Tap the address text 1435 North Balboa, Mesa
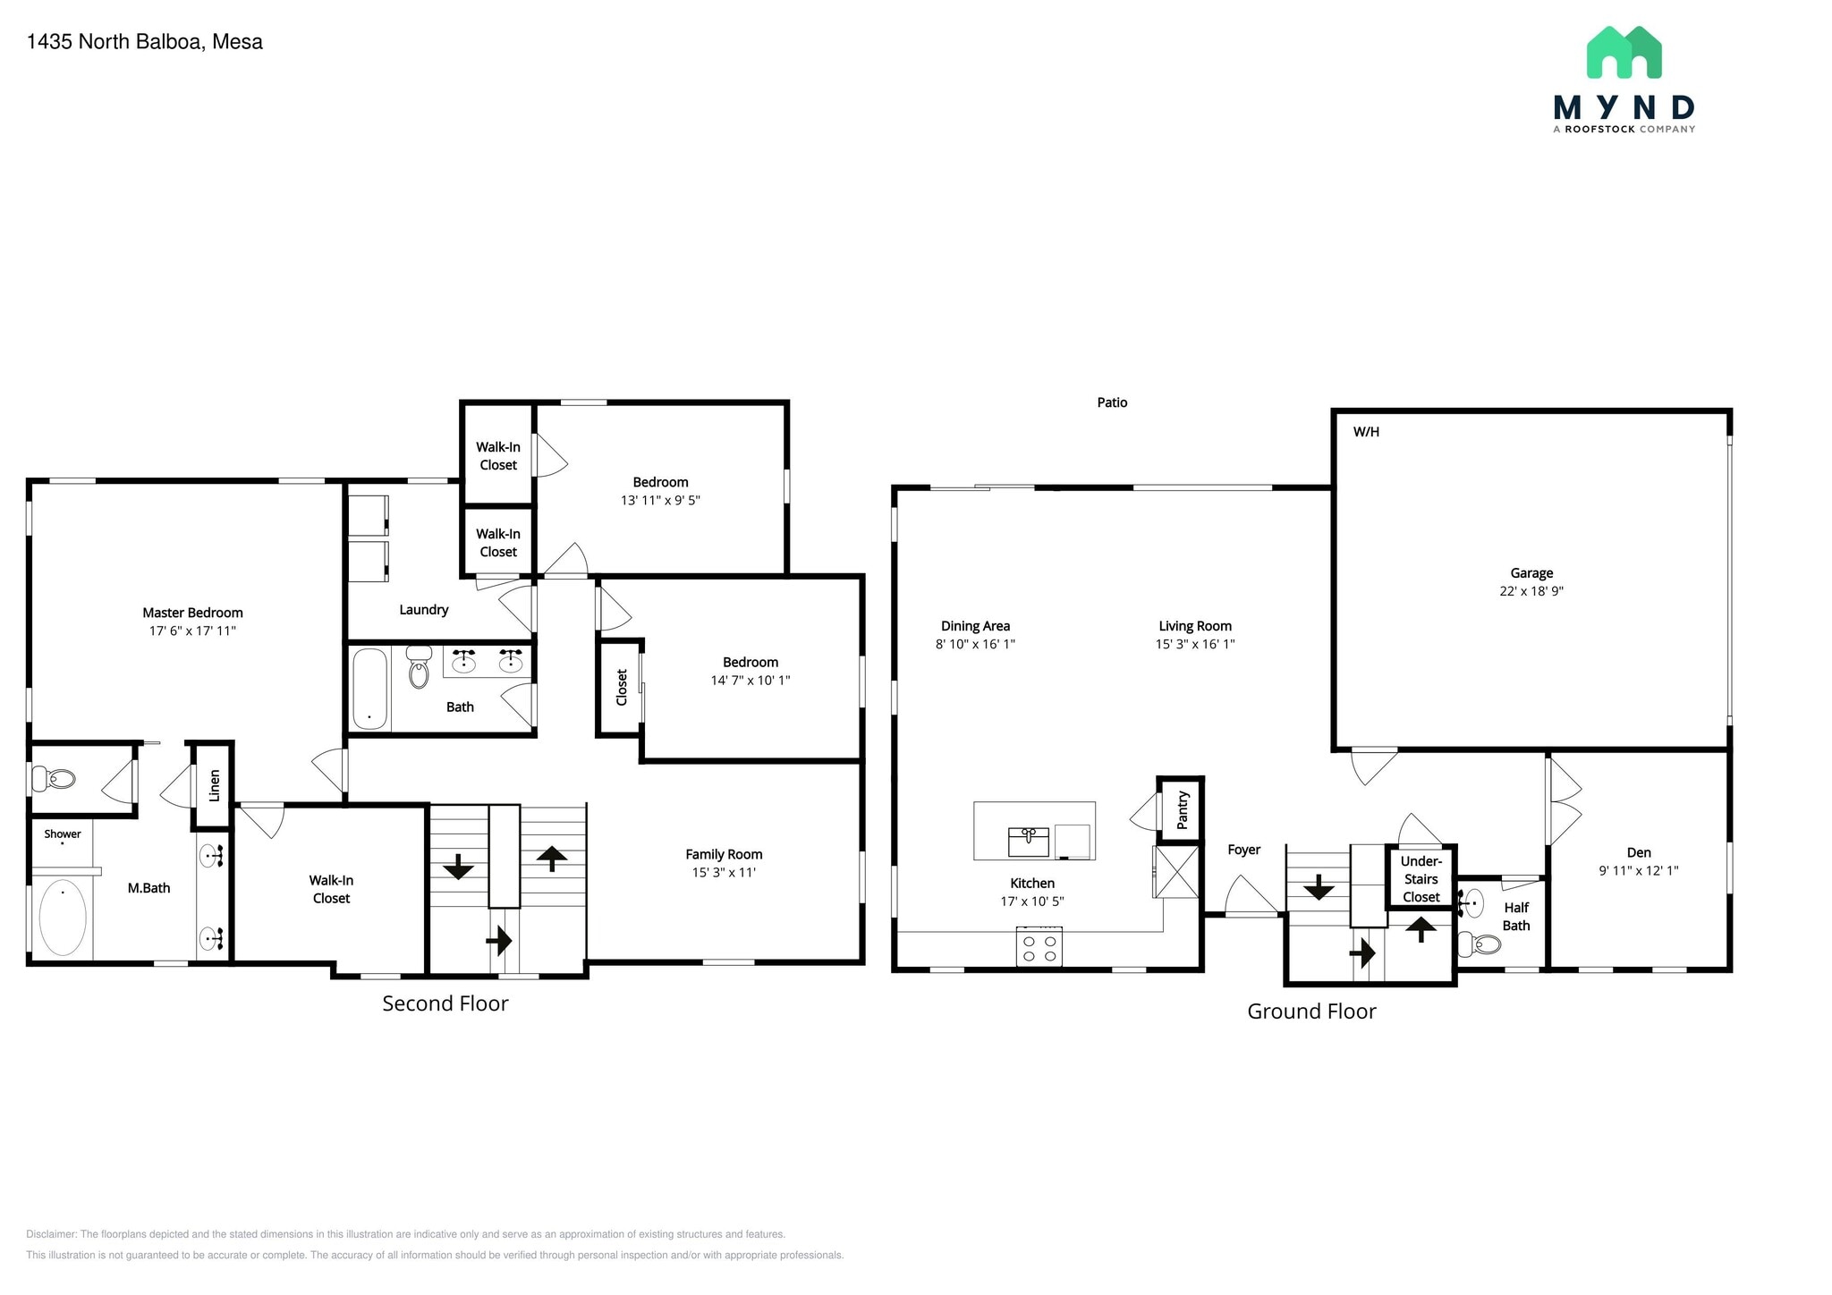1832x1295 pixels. pyautogui.click(x=145, y=42)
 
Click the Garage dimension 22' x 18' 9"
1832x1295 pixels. pyautogui.click(x=1531, y=591)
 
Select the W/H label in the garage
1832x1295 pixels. pyautogui.click(x=1366, y=432)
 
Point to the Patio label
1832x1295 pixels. pyautogui.click(x=1112, y=402)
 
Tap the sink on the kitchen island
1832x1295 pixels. pyautogui.click(x=1028, y=841)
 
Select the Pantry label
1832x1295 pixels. pyautogui.click(x=1182, y=809)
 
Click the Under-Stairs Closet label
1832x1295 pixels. pyautogui.click(x=1421, y=878)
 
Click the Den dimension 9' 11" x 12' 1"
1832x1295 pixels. pyautogui.click(x=1638, y=870)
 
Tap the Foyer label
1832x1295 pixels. pyautogui.click(x=1243, y=850)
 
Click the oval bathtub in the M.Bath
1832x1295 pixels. pyautogui.click(x=63, y=918)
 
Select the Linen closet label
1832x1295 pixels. pyautogui.click(x=215, y=785)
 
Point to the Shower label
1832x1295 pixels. pyautogui.click(x=63, y=834)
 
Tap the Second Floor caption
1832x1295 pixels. pyautogui.click(x=445, y=1003)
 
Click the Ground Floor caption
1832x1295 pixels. pyautogui.click(x=1310, y=1011)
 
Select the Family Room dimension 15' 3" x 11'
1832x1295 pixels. pyautogui.click(x=724, y=872)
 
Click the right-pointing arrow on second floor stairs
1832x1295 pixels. pyautogui.click(x=499, y=940)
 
